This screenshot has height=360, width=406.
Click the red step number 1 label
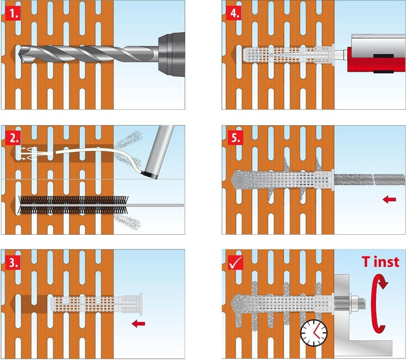[x=13, y=14]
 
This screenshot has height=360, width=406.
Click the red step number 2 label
[x=13, y=138]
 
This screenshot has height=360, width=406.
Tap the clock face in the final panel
[x=314, y=333]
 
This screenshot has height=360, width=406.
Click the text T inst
[x=380, y=262]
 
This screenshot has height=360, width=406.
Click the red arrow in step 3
[x=138, y=324]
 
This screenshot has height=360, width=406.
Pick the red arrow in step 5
[x=389, y=199]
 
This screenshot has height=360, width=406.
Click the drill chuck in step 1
[x=171, y=55]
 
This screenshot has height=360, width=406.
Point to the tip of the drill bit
[x=19, y=54]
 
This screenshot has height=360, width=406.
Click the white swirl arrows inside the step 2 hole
[x=27, y=153]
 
